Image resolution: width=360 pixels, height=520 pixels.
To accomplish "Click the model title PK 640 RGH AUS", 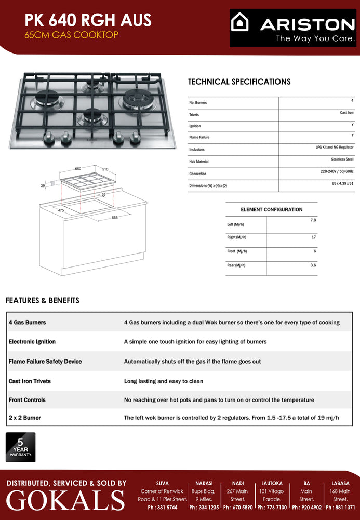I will [x=88, y=20].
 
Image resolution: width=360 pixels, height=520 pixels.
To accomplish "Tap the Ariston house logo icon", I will [x=239, y=23].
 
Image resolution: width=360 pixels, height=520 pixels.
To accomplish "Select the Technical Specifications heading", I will [x=239, y=82].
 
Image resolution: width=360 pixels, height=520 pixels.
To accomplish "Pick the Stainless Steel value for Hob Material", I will [x=342, y=159].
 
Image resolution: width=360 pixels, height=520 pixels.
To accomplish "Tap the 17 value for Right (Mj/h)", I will [x=313, y=237].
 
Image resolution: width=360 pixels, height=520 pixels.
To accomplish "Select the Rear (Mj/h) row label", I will [x=236, y=265].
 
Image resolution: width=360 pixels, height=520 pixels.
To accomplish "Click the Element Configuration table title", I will [x=271, y=210].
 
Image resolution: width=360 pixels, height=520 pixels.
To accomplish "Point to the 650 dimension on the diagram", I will [x=78, y=169].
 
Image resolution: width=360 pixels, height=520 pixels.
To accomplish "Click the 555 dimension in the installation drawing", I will [x=114, y=217].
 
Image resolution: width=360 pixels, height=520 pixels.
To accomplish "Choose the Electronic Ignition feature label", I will [x=32, y=342].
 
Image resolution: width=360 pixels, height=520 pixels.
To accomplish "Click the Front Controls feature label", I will [x=27, y=400].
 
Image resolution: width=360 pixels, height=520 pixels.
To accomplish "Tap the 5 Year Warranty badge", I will [x=21, y=447].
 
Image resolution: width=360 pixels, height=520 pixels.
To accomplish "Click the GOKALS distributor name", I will [x=65, y=500].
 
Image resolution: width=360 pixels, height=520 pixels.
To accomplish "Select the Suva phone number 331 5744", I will [x=162, y=508].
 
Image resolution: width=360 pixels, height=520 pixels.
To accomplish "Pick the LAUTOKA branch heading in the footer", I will [x=271, y=483].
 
